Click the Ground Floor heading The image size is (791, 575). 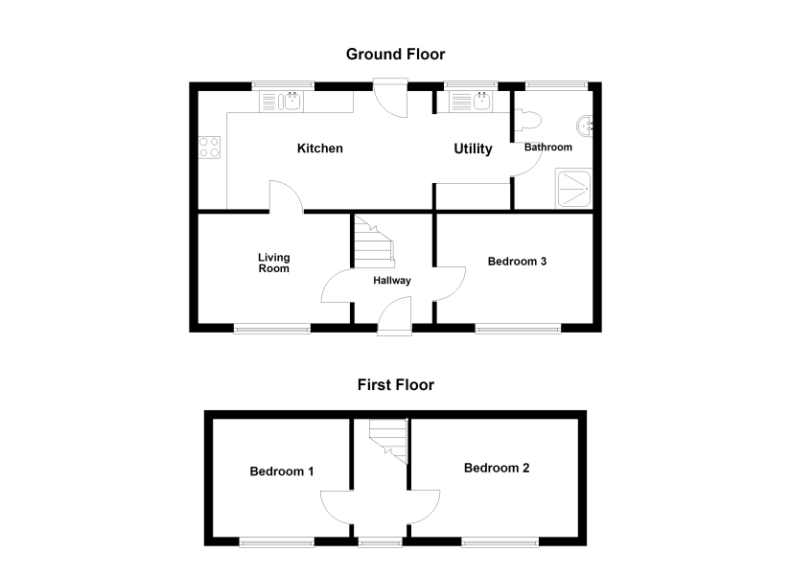pyautogui.click(x=395, y=54)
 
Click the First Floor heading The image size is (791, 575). pyautogui.click(x=395, y=385)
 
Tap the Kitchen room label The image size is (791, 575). pyautogui.click(x=320, y=149)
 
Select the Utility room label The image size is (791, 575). pyautogui.click(x=473, y=149)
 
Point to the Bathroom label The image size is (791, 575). pyautogui.click(x=547, y=148)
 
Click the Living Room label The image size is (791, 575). pyautogui.click(x=274, y=263)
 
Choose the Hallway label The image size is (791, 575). pyautogui.click(x=392, y=281)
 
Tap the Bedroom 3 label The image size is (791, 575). pyautogui.click(x=517, y=262)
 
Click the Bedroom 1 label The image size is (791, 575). pyautogui.click(x=282, y=471)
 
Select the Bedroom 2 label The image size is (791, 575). pyautogui.click(x=497, y=468)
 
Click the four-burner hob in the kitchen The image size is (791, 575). pyautogui.click(x=209, y=148)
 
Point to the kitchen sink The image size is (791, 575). pyautogui.click(x=282, y=102)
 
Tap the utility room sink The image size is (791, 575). pyautogui.click(x=471, y=102)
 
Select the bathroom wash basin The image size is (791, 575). pyautogui.click(x=585, y=126)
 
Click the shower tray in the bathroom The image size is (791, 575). pyautogui.click(x=573, y=189)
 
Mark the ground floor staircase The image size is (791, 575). pyautogui.click(x=374, y=241)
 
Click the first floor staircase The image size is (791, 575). pyautogui.click(x=388, y=441)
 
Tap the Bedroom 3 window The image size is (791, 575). pyautogui.click(x=518, y=329)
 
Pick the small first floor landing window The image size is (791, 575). pyautogui.click(x=381, y=542)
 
